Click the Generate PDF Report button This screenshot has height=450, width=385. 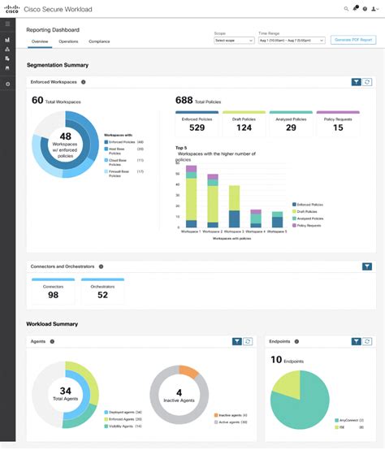(353, 40)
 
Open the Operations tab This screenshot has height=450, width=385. (68, 41)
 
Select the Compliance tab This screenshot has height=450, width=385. (99, 41)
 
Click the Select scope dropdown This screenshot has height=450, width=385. (233, 40)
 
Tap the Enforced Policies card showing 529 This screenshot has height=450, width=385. (197, 123)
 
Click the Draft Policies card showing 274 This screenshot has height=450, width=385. (243, 123)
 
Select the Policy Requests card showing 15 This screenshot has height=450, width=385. (337, 123)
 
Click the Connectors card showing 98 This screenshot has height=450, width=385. (53, 291)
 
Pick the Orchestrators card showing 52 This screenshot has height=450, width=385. (102, 291)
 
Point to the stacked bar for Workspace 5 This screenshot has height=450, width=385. (278, 219)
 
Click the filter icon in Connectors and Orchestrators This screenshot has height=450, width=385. (366, 266)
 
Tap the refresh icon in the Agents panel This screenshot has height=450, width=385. (248, 342)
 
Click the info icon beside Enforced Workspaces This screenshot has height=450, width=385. (84, 82)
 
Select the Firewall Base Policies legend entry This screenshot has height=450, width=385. (122, 171)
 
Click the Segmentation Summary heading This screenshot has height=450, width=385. (58, 65)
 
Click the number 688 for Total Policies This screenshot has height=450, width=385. (184, 100)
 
